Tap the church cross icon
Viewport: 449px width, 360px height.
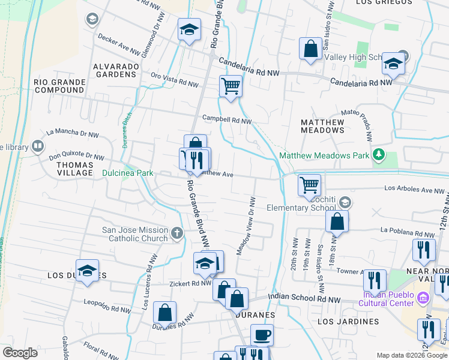[x=176, y=232]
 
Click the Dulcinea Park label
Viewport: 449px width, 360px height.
[x=128, y=173]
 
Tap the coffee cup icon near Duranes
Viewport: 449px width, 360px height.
[x=262, y=334]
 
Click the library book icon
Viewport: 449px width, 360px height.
[x=38, y=146]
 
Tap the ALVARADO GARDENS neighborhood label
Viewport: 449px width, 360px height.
[x=115, y=70]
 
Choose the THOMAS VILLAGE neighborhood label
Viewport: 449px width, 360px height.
[x=75, y=169]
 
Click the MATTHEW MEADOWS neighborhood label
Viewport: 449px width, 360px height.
[x=322, y=126]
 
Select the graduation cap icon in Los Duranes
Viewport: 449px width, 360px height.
[x=87, y=271]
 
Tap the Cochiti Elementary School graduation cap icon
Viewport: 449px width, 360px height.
[x=344, y=201]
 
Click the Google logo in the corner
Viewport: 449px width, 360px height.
[x=20, y=352]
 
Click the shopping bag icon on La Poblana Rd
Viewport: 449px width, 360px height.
[x=337, y=221]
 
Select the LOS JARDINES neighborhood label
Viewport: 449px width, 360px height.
[x=348, y=322]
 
